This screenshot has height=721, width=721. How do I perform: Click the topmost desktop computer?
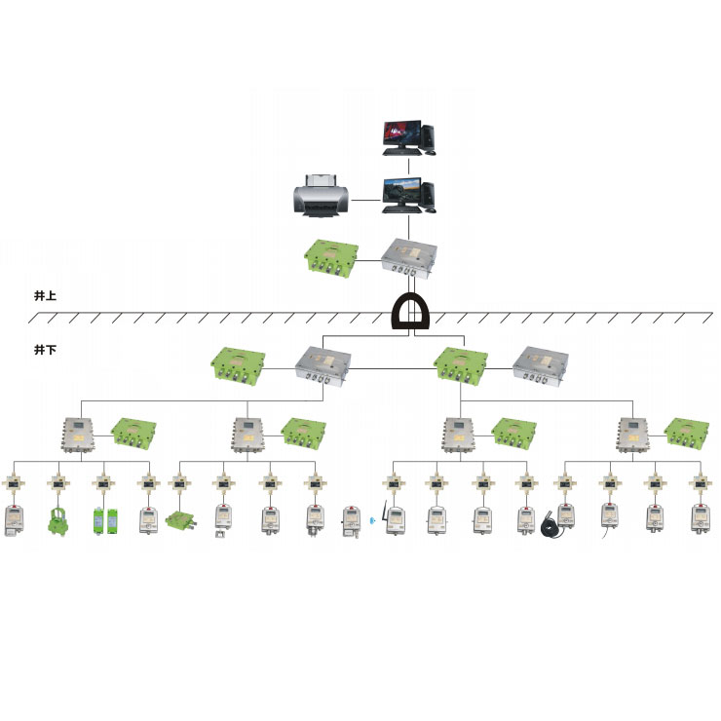click(407, 137)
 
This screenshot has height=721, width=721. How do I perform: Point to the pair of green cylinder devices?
click(104, 520)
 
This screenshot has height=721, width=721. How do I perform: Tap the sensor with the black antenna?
click(392, 520)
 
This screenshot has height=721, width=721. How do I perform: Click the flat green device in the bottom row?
click(181, 521)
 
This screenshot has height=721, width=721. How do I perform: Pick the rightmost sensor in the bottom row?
click(698, 518)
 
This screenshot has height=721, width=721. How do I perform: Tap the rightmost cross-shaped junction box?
click(698, 481)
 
